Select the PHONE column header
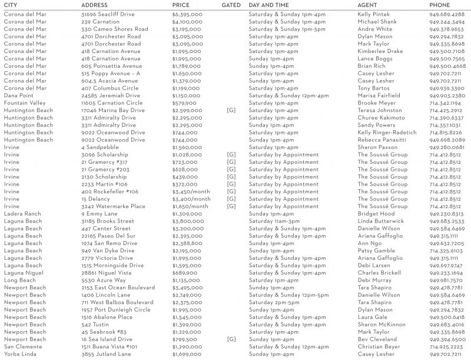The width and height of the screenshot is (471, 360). tap(440, 5)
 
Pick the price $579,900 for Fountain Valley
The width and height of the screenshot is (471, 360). tap(184, 103)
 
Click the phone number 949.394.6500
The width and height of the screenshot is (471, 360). tap(446, 339)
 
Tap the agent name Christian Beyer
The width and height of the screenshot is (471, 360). tap(379, 346)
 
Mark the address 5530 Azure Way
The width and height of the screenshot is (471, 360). tap(104, 280)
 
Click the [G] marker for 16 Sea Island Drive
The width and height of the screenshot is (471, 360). tap(231, 339)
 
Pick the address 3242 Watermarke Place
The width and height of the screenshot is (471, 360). tap(113, 206)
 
